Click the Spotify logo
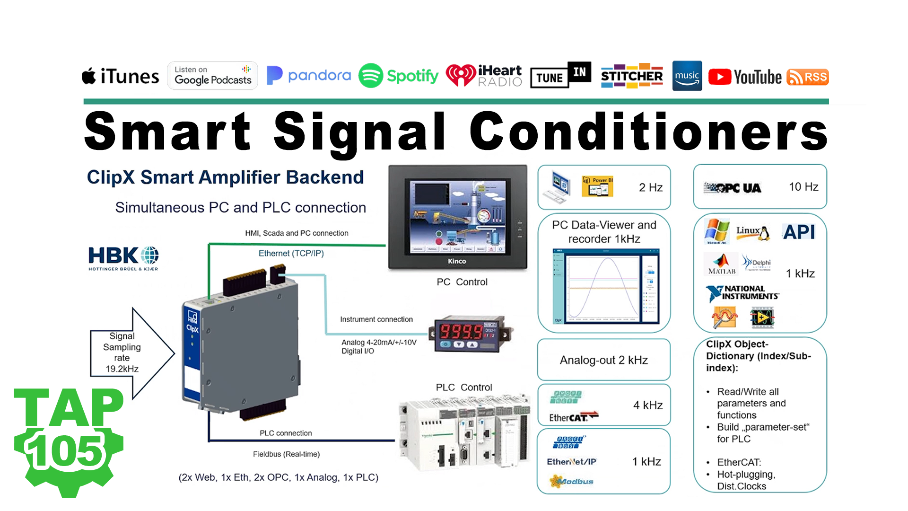pyautogui.click(x=399, y=76)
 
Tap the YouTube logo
pyautogui.click(x=745, y=77)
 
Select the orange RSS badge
pyautogui.click(x=807, y=77)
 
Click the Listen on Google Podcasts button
pyautogui.click(x=213, y=76)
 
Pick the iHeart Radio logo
pyautogui.click(x=484, y=76)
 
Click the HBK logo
pyautogui.click(x=123, y=258)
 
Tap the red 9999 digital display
pyautogui.click(x=461, y=331)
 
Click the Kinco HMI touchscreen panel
pyautogui.click(x=457, y=218)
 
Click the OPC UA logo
pyautogui.click(x=733, y=188)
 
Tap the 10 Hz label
pyautogui.click(x=803, y=187)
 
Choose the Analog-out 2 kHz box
pyautogui.click(x=604, y=360)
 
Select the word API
pyautogui.click(x=799, y=232)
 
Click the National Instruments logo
pyautogui.click(x=742, y=293)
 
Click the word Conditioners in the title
pyautogui.click(x=648, y=132)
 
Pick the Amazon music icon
pyautogui.click(x=687, y=76)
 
